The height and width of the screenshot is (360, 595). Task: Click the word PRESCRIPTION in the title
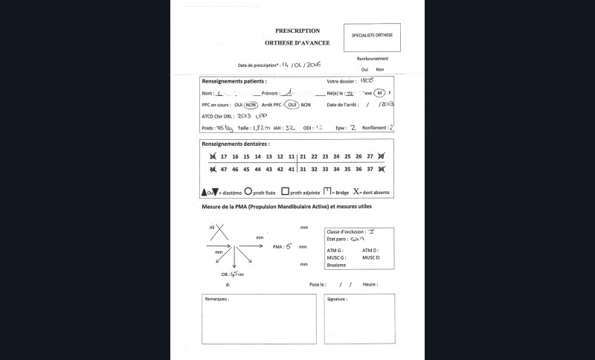pos(297,31)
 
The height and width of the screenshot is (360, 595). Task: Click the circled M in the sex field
pos(379,93)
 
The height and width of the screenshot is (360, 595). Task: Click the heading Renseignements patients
pos(236,80)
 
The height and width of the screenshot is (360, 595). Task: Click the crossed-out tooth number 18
pos(213,156)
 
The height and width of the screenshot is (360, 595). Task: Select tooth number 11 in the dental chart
pos(291,156)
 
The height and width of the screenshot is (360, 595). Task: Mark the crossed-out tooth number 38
pos(381,170)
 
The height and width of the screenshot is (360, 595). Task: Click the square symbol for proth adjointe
pos(285,191)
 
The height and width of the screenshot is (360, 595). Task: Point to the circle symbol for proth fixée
pos(248,191)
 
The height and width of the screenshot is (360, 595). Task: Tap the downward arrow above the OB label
pos(235,260)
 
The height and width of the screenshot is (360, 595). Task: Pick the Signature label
pos(338,299)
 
